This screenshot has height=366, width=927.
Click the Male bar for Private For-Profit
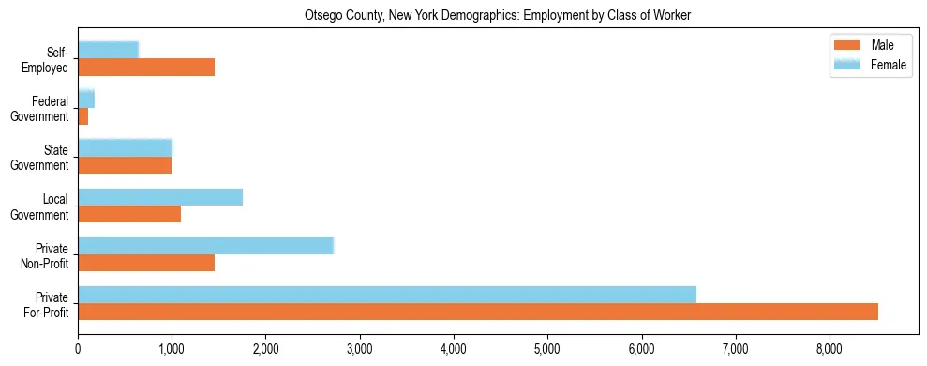[478, 312]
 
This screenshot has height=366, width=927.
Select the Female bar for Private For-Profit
[387, 295]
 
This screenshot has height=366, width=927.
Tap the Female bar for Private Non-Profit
[205, 246]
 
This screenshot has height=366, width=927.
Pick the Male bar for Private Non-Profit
[146, 263]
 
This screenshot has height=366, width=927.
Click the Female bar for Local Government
[160, 197]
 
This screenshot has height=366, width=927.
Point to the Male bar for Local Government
[129, 214]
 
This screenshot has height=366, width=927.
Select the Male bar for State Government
[125, 165]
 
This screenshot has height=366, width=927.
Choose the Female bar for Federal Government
[86, 99]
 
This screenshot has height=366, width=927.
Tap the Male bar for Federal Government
[83, 116]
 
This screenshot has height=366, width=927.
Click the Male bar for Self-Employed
[146, 68]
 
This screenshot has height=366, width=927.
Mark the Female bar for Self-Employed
[109, 50]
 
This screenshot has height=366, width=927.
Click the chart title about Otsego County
[498, 16]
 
